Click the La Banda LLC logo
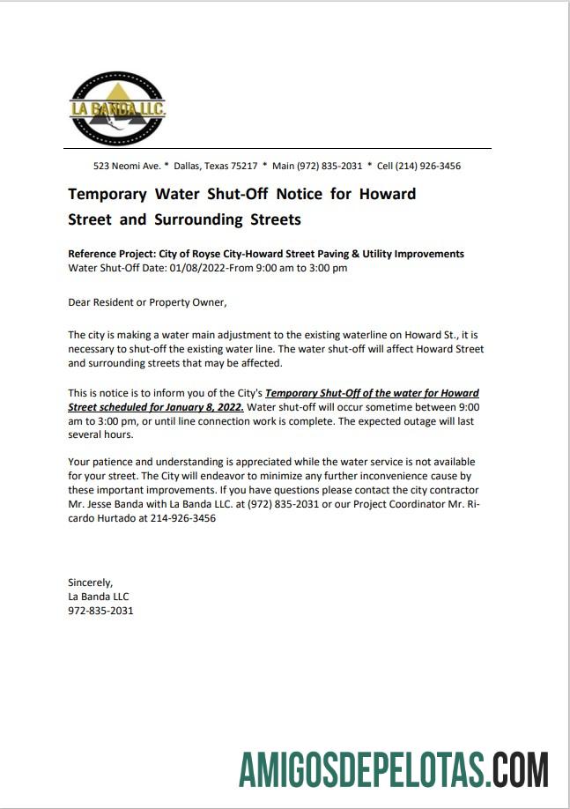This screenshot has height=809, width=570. pos(117,108)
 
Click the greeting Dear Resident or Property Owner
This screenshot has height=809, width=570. pos(147,302)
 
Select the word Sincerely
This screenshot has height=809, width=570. pos(91,582)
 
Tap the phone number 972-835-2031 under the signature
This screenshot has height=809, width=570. pos(100,610)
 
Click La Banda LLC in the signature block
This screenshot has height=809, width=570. pos(98,596)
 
